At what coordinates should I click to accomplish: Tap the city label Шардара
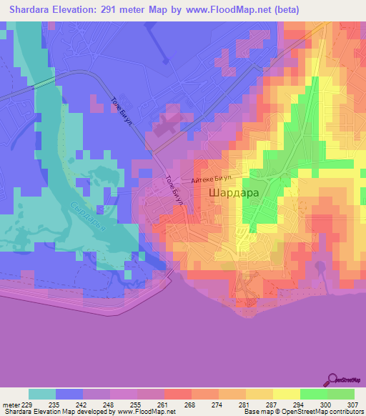click(x=234, y=193)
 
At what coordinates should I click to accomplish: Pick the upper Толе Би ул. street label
click(x=120, y=109)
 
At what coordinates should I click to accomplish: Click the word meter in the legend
click(x=9, y=405)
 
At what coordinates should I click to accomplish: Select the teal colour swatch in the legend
click(x=42, y=394)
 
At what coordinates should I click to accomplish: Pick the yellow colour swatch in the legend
click(x=286, y=394)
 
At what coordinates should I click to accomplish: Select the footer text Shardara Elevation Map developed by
click(x=57, y=412)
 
